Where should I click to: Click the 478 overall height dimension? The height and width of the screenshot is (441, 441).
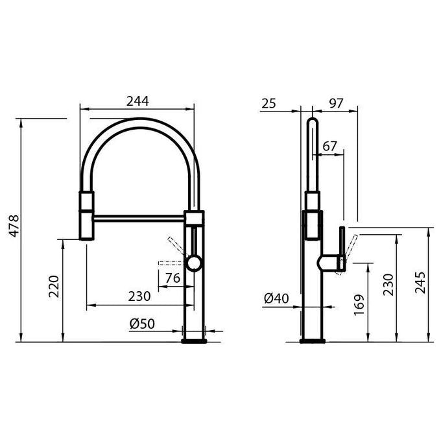pyautogui.click(x=14, y=226)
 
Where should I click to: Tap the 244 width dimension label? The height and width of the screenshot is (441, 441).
pyautogui.click(x=137, y=101)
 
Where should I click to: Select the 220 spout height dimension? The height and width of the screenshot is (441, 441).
pyautogui.click(x=54, y=286)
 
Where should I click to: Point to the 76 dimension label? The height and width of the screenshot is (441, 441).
pyautogui.click(x=173, y=278)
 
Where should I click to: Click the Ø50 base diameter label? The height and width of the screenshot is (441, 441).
pyautogui.click(x=142, y=324)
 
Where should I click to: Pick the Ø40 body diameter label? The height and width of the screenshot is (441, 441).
pyautogui.click(x=276, y=299)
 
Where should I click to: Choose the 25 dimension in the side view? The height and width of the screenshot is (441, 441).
pyautogui.click(x=269, y=104)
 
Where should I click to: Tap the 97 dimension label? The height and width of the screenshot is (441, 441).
pyautogui.click(x=336, y=104)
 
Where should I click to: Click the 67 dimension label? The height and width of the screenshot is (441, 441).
pyautogui.click(x=329, y=147)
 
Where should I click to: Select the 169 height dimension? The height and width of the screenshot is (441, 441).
pyautogui.click(x=359, y=305)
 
